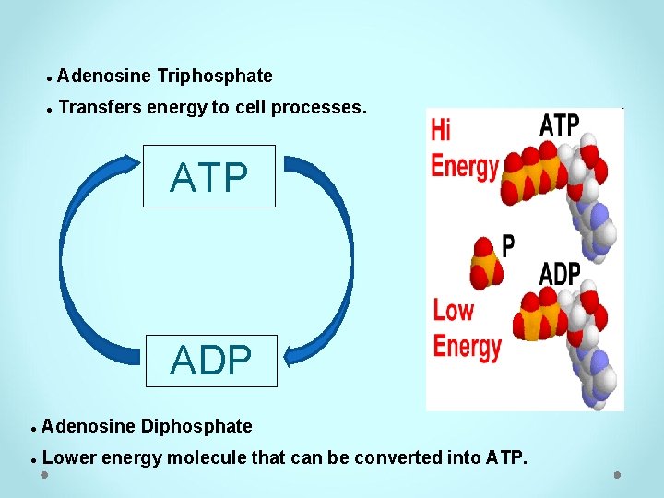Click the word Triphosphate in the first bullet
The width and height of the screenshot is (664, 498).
tap(215, 76)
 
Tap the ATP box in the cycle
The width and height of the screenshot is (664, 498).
tap(209, 176)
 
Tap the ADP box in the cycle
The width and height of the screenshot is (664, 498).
tap(211, 361)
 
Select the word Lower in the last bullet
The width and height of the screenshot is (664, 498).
tap(69, 456)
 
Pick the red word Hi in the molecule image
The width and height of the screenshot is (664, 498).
tap(442, 129)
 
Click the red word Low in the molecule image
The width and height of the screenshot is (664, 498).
tap(453, 310)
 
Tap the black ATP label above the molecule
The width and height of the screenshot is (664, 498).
tap(559, 125)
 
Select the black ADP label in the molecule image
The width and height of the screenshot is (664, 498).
tap(560, 274)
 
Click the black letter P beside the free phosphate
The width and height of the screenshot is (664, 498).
tap(508, 245)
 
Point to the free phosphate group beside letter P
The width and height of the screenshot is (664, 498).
tap(483, 262)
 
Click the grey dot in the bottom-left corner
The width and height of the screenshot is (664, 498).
tap(44, 476)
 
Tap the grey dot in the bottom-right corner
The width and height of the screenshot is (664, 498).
tap(617, 476)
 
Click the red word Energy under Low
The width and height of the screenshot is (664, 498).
tap(467, 347)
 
